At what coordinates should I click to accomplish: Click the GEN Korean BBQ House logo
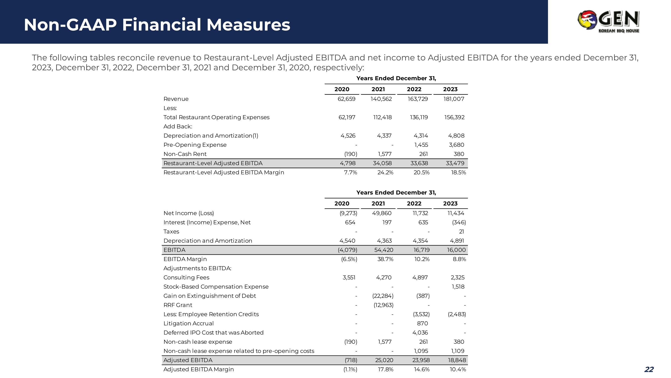coord(608,21)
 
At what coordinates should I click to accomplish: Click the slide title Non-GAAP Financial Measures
coord(157,25)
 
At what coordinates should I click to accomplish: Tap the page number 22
coord(649,369)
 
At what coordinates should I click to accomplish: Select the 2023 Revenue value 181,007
coord(454,99)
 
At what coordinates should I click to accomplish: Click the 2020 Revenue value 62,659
coord(346,99)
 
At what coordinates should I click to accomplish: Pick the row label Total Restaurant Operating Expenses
coord(216,117)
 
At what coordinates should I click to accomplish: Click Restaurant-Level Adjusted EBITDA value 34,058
coord(382,163)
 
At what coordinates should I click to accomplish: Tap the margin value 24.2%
coord(385,173)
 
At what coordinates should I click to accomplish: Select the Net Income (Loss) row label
coord(189,213)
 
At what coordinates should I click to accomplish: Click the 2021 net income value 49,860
coord(382,213)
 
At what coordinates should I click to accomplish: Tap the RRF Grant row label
coord(178,305)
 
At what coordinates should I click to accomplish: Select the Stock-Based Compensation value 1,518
coord(458,287)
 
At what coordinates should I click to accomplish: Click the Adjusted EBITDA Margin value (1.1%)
coord(350,369)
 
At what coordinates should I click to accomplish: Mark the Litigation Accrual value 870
coord(422,324)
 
